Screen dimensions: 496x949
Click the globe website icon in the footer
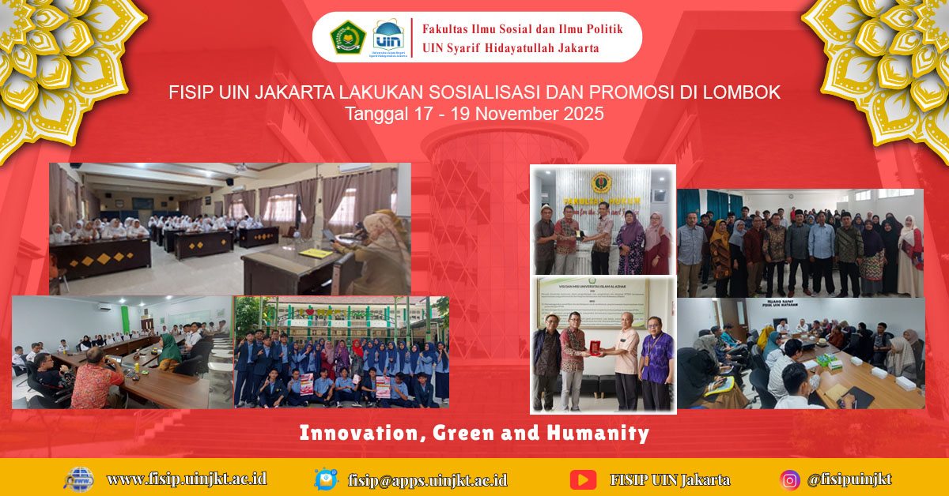(79, 479)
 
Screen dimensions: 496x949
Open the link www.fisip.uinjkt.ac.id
(187, 479)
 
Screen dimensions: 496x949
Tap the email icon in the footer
(326, 479)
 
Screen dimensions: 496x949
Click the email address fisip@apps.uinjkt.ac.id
(428, 479)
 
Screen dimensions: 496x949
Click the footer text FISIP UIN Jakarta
(670, 479)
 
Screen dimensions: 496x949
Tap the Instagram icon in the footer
(789, 479)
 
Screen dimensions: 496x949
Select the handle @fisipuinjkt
(849, 479)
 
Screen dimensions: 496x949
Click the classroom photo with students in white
(229, 228)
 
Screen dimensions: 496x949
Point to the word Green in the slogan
(463, 433)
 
